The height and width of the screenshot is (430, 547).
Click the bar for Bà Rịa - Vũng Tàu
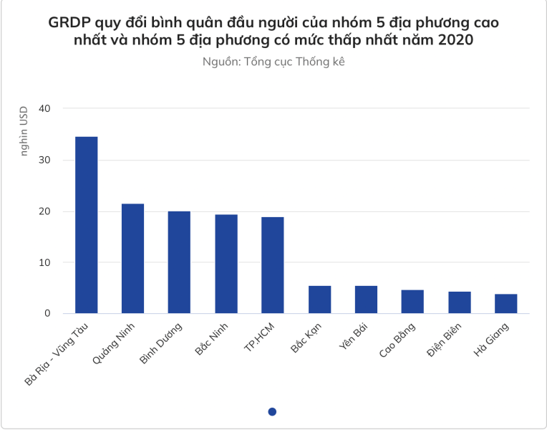tap(87, 225)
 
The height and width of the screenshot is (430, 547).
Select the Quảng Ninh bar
tap(133, 259)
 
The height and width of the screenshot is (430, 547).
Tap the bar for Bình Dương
tap(179, 262)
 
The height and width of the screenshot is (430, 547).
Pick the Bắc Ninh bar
tap(226, 264)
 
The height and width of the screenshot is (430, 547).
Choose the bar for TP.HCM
tap(273, 265)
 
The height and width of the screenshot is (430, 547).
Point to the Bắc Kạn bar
tap(319, 300)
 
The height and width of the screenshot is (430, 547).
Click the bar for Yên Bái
tap(366, 300)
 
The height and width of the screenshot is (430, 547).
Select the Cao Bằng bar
tap(412, 302)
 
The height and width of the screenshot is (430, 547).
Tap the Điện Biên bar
tap(460, 302)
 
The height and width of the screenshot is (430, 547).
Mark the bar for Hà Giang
tap(505, 304)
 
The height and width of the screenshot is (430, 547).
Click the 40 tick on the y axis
tap(46, 108)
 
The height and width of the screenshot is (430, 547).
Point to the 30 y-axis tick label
tap(46, 160)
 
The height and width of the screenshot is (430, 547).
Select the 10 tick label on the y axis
tap(46, 262)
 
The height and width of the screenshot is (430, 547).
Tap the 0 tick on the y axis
tap(49, 313)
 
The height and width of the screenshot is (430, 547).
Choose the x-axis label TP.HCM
tap(258, 341)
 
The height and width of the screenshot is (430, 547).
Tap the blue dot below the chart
tap(272, 411)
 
